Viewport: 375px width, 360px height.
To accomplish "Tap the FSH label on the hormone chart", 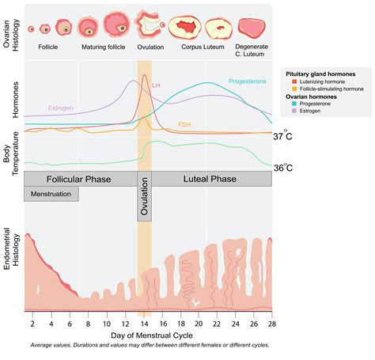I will click(x=184, y=124).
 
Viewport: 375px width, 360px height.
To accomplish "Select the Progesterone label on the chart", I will click(x=248, y=81).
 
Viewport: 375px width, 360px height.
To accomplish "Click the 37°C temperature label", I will click(x=283, y=137).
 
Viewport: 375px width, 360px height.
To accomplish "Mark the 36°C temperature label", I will click(x=283, y=168).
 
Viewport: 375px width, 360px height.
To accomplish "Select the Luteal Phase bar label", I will click(x=211, y=180).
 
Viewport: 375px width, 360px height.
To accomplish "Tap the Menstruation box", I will click(x=51, y=194).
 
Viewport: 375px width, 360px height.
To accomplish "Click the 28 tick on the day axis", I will click(x=271, y=324).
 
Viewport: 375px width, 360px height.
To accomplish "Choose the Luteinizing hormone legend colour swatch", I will click(x=289, y=81).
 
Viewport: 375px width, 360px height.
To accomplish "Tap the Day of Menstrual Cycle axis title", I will click(x=148, y=335).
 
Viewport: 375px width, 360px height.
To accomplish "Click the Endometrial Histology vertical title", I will click(x=11, y=265).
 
